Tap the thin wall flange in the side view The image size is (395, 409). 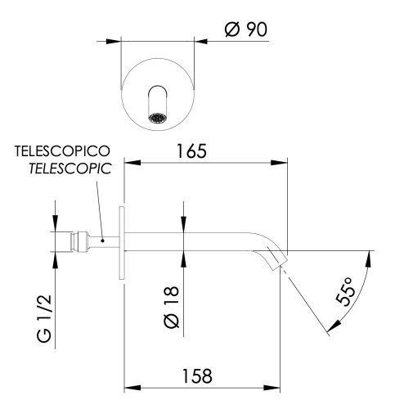[123, 242]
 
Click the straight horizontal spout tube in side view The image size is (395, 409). [188, 242]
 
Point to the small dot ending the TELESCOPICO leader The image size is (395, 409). [101, 240]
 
